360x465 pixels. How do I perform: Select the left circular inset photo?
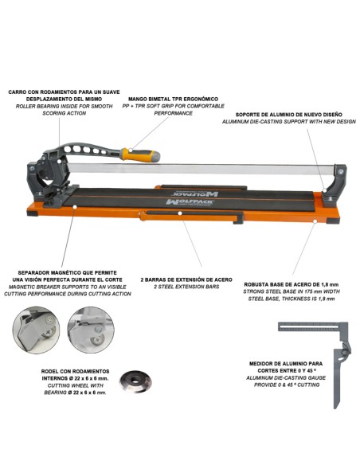point(34,328)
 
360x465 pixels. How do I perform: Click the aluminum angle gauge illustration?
point(323,350)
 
